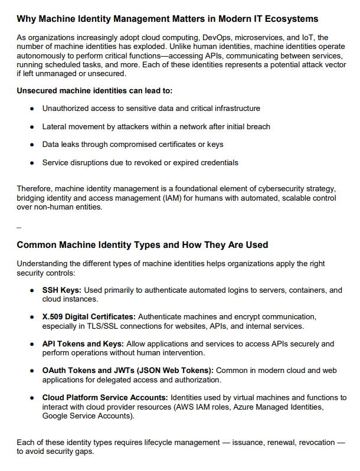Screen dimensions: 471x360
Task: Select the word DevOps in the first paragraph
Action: [218, 37]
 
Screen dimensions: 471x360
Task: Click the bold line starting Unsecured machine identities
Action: [94, 91]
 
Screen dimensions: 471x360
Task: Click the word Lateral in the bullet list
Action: [55, 126]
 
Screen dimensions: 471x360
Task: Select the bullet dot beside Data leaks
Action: [32, 145]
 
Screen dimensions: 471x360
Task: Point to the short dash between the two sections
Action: [19, 227]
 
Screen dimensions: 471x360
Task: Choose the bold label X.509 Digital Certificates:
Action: [89, 316]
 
